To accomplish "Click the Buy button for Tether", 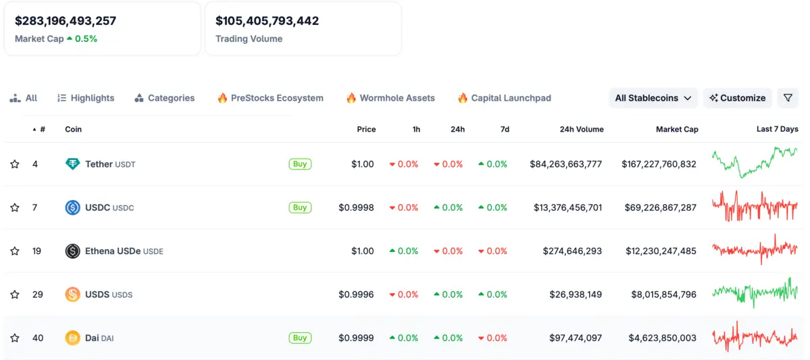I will pyautogui.click(x=300, y=164).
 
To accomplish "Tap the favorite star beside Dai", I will pyautogui.click(x=15, y=338).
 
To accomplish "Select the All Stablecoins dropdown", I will pyautogui.click(x=653, y=98).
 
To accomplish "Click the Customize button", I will pyautogui.click(x=737, y=98).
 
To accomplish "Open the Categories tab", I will pyautogui.click(x=165, y=98).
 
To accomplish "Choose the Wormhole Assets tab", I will pyautogui.click(x=390, y=98).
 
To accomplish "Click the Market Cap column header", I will pyautogui.click(x=677, y=129).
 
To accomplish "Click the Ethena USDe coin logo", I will pyautogui.click(x=72, y=251).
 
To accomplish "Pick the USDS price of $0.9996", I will pyautogui.click(x=356, y=294).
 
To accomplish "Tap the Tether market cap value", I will pyautogui.click(x=659, y=164).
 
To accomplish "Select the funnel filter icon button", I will pyautogui.click(x=788, y=98).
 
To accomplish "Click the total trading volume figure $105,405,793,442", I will pyautogui.click(x=267, y=21).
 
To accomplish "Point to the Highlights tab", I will pyautogui.click(x=86, y=98).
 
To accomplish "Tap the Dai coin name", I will pyautogui.click(x=92, y=338).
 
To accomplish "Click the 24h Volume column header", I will pyautogui.click(x=582, y=129).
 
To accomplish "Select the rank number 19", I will pyautogui.click(x=36, y=251).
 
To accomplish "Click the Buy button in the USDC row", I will pyautogui.click(x=300, y=207).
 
